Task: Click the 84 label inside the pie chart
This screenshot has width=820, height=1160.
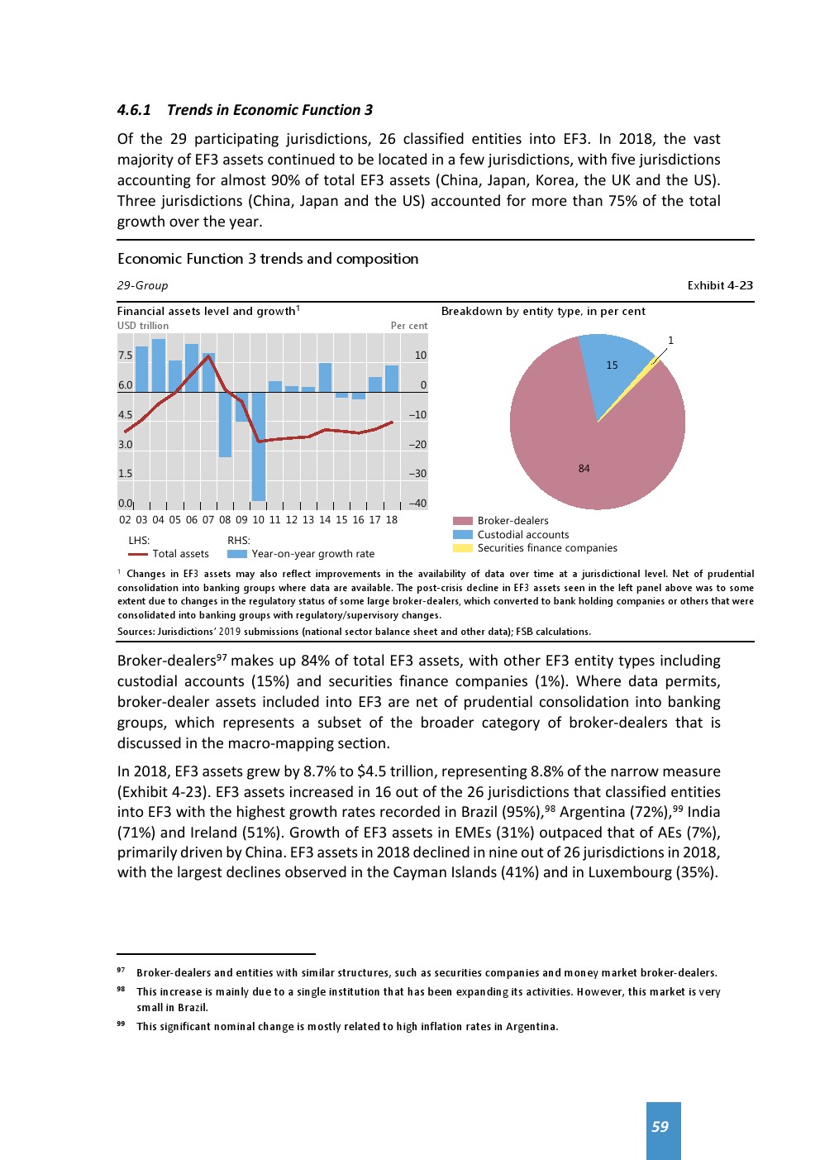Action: (584, 469)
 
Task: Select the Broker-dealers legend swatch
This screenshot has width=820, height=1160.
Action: (463, 521)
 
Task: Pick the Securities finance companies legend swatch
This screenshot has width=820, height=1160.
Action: (463, 548)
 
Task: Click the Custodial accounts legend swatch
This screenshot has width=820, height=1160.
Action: (463, 534)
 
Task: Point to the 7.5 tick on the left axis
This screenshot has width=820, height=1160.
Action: (125, 356)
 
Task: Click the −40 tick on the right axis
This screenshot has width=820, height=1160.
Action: (417, 504)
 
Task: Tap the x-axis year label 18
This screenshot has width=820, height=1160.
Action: (392, 520)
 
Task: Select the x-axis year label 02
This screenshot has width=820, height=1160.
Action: (125, 520)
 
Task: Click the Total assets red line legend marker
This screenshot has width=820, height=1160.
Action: (137, 554)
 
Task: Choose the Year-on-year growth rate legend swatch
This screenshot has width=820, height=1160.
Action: (237, 554)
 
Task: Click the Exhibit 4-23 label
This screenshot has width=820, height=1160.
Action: (720, 285)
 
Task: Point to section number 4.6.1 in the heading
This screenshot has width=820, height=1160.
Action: (134, 110)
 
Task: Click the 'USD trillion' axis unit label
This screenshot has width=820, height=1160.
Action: (143, 326)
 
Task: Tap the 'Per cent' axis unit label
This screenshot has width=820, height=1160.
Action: (409, 326)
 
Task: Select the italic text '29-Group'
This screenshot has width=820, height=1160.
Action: (142, 285)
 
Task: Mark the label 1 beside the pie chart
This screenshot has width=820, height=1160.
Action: (670, 341)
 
